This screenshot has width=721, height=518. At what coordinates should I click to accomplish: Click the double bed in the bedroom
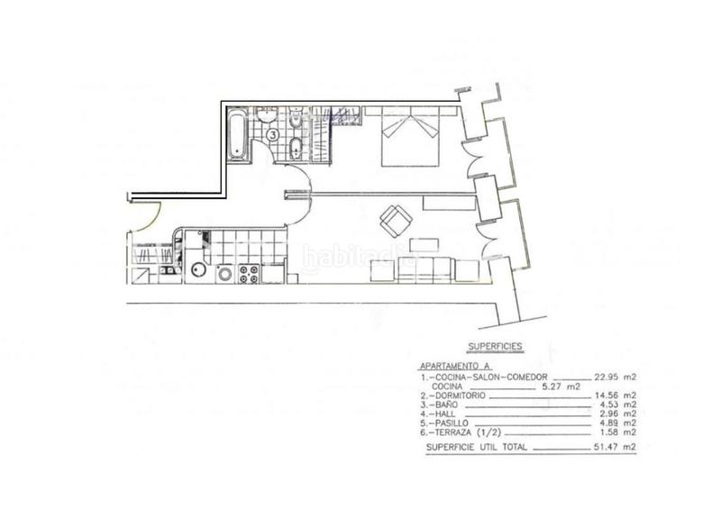(411, 137)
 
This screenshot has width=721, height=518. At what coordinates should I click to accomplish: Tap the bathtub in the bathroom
(235, 136)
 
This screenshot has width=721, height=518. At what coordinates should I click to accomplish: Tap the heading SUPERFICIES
(496, 345)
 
